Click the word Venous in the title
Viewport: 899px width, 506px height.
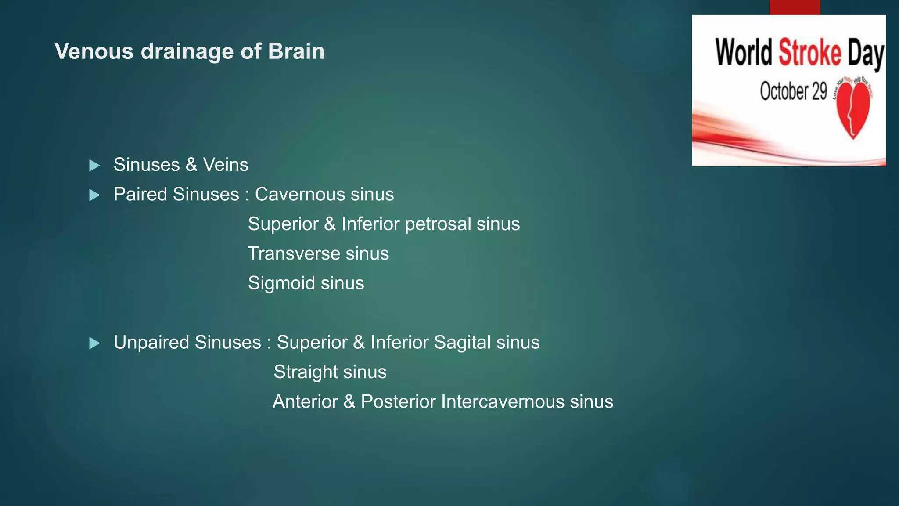(94, 51)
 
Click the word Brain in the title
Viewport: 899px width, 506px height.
(296, 51)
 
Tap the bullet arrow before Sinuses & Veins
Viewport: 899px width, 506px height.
(94, 166)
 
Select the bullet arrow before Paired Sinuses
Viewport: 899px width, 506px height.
(94, 195)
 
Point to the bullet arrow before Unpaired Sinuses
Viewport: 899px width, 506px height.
(94, 343)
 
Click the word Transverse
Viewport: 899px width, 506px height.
(293, 253)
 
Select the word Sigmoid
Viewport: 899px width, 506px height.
(281, 283)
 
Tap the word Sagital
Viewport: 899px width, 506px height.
(462, 342)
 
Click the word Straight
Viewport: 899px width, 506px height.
(305, 372)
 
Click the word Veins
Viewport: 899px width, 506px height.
(225, 165)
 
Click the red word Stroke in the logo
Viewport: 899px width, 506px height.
(809, 53)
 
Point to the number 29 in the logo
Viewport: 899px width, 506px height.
(819, 91)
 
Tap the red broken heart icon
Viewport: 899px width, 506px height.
(853, 110)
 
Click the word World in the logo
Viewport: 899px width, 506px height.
(744, 53)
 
